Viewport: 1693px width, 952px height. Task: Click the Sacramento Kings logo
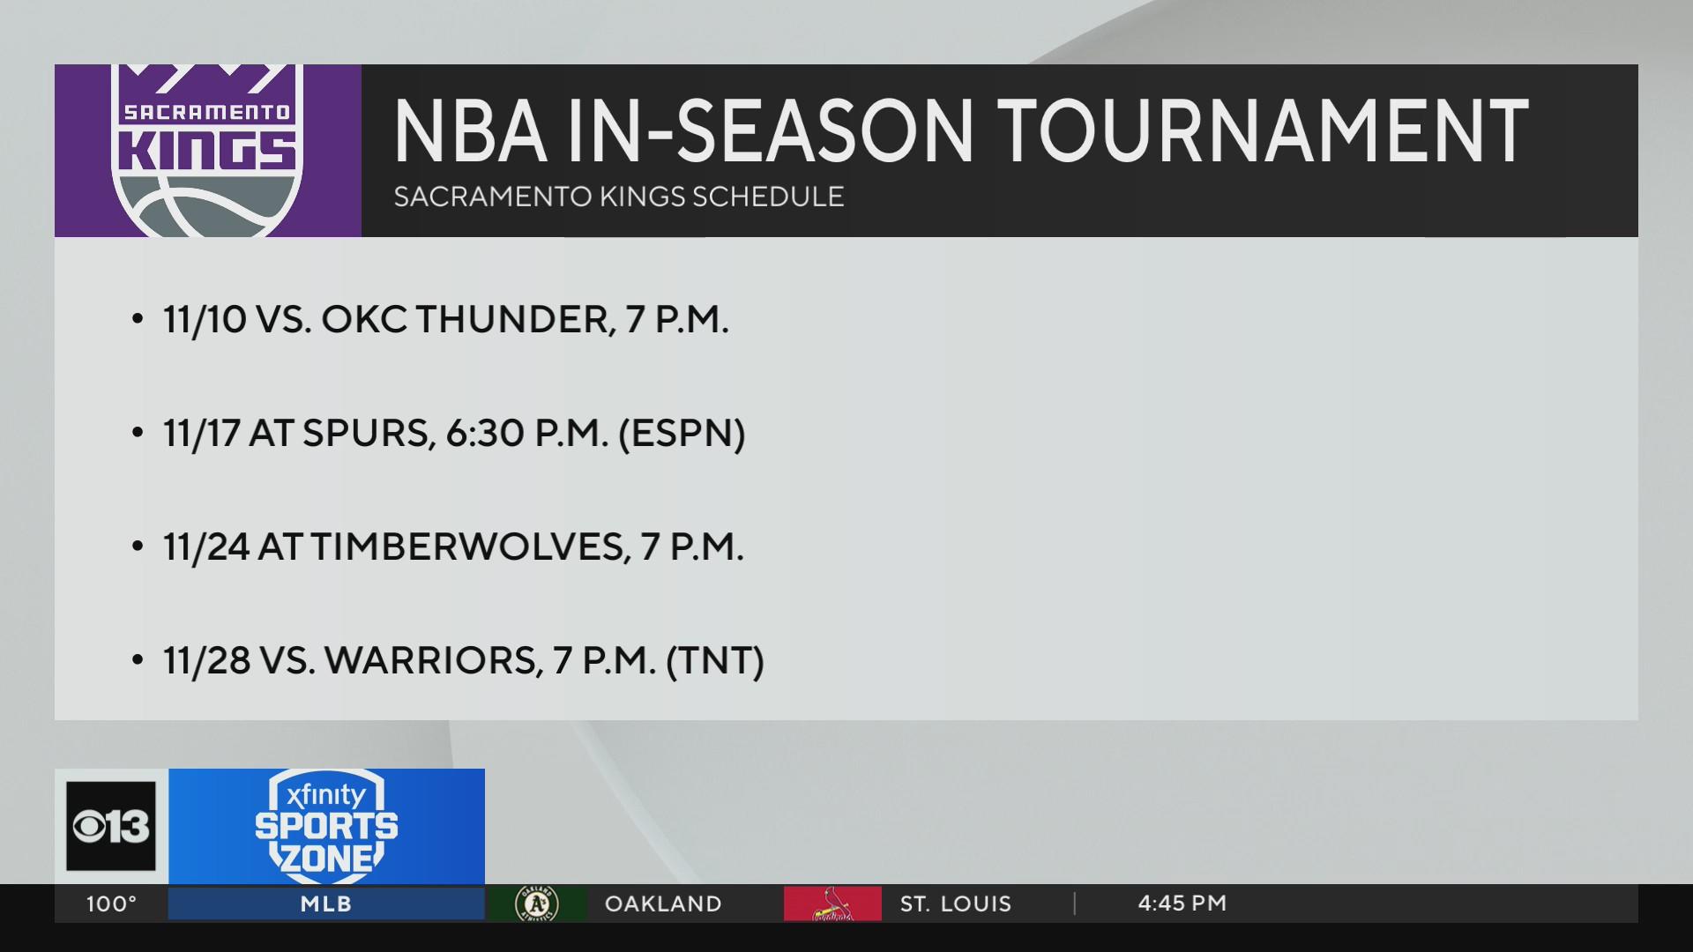tap(208, 150)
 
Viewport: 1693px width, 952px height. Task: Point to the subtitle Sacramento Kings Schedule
tap(618, 196)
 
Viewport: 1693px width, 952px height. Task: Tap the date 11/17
tap(202, 433)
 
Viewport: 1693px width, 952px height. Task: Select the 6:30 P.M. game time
tap(527, 433)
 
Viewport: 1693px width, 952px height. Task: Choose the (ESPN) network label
tap(682, 433)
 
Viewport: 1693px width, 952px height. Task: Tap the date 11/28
tap(206, 660)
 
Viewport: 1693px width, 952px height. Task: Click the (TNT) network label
tap(715, 660)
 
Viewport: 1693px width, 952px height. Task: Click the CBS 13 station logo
tap(111, 827)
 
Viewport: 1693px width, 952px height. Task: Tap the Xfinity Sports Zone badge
tap(326, 823)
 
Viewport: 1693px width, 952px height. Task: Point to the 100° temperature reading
tap(112, 904)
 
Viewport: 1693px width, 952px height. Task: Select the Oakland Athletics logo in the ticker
tap(537, 904)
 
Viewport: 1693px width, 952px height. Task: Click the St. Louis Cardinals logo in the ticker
tap(832, 904)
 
